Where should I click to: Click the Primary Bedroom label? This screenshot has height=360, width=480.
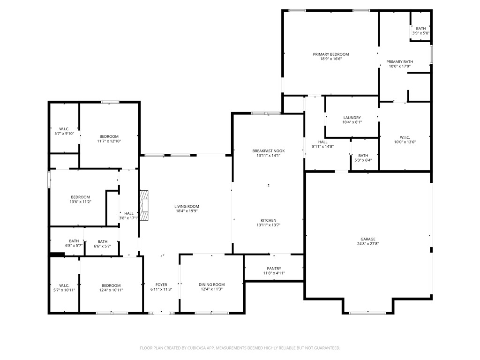(x=331, y=54)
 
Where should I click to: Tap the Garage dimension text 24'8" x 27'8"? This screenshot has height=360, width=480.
(x=368, y=244)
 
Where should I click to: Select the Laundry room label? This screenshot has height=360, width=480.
(x=352, y=118)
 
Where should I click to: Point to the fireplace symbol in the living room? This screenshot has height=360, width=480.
(x=145, y=206)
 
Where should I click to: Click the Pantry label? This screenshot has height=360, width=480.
(x=274, y=269)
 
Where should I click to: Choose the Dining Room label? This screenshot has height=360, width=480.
(x=211, y=285)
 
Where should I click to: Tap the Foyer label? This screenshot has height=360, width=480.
(x=161, y=285)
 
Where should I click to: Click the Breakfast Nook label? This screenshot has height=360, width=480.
(x=268, y=151)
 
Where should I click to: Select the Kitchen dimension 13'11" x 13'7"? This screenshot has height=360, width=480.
(x=268, y=225)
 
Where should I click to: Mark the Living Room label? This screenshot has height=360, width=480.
(x=187, y=206)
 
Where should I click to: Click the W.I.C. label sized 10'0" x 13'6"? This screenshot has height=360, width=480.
(x=405, y=137)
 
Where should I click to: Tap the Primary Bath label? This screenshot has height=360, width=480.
(x=400, y=62)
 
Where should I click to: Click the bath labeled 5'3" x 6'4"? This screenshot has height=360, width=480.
(x=363, y=156)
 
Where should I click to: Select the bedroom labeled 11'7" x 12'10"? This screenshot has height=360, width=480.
(x=109, y=136)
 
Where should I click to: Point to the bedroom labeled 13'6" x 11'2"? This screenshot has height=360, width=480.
(x=80, y=197)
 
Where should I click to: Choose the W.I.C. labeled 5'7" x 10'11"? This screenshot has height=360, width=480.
(x=64, y=285)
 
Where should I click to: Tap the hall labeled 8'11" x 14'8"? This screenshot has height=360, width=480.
(x=322, y=142)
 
